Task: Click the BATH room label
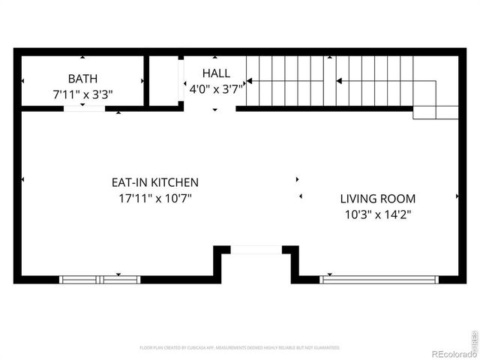pyautogui.click(x=82, y=78)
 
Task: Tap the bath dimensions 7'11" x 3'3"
pyautogui.click(x=82, y=94)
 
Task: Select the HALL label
pyautogui.click(x=216, y=73)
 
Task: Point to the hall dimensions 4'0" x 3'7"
pyautogui.click(x=216, y=88)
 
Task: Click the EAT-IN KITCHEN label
pyautogui.click(x=154, y=182)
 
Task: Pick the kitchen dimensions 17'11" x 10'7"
pyautogui.click(x=154, y=199)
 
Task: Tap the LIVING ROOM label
pyautogui.click(x=377, y=199)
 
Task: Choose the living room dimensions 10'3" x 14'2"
pyautogui.click(x=377, y=214)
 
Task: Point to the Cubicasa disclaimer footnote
pyautogui.click(x=240, y=348)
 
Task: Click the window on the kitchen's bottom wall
pyautogui.click(x=100, y=280)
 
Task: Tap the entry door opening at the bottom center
pyautogui.click(x=256, y=250)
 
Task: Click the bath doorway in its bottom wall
pyautogui.click(x=84, y=109)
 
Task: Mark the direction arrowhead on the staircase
pyautogui.click(x=340, y=81)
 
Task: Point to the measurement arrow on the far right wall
pyautogui.click(x=457, y=196)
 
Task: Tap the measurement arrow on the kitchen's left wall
pyautogui.click(x=23, y=179)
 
